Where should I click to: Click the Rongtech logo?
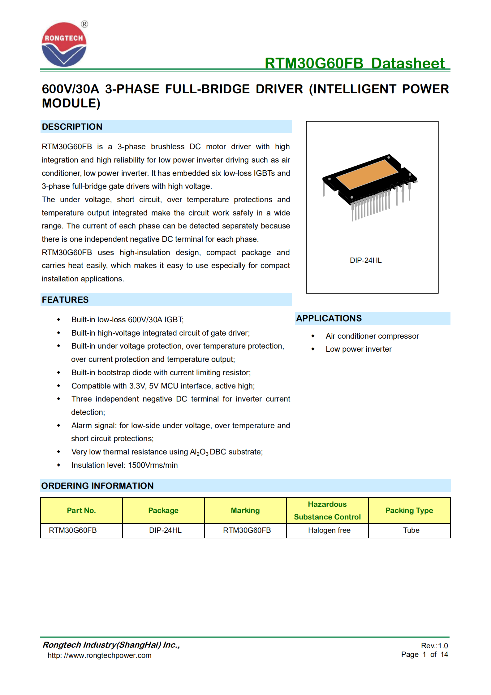coord(64,45)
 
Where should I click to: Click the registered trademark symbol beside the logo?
coord(84,24)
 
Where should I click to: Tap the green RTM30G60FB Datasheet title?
coord(355,63)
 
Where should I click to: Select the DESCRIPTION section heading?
coord(72,127)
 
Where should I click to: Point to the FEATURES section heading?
coord(65,300)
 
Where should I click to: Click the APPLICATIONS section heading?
coord(329,318)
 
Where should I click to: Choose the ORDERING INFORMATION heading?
coord(97,486)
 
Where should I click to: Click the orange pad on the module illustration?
coord(367,174)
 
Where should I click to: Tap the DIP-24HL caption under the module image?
coord(366,260)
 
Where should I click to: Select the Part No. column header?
coord(81,510)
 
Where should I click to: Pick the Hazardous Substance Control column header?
coord(327,510)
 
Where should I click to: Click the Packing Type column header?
coord(409,510)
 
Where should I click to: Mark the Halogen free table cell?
coord(329,530)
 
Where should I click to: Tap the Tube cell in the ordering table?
coord(411,530)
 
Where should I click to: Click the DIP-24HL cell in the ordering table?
coord(165,530)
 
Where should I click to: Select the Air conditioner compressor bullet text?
coord(372,336)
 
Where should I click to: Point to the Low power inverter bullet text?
coord(359,349)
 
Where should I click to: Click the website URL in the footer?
coord(99,655)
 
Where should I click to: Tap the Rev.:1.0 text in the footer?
coord(434,646)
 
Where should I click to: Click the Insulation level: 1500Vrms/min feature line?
coord(124,465)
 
